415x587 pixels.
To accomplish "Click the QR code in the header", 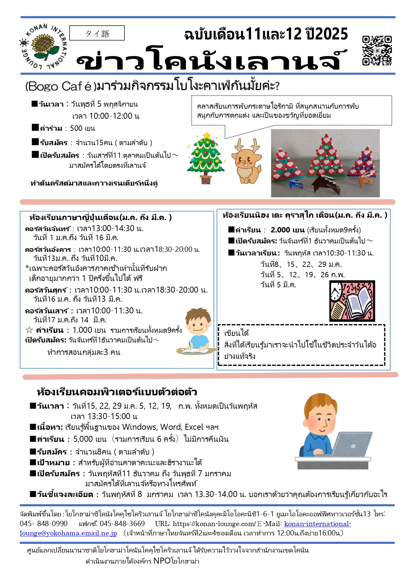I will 377,50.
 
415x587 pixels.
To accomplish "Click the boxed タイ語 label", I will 97,33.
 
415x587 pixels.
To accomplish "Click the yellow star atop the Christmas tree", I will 207,135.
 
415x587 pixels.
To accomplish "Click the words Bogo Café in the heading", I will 60,86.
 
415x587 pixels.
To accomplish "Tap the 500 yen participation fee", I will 82,128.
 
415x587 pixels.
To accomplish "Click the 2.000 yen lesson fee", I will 287,230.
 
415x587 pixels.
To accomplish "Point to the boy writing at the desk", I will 197,331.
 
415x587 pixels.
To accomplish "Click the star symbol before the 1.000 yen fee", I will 29,330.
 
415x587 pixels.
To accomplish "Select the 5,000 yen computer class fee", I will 90,439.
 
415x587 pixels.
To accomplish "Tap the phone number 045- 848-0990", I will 44,524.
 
